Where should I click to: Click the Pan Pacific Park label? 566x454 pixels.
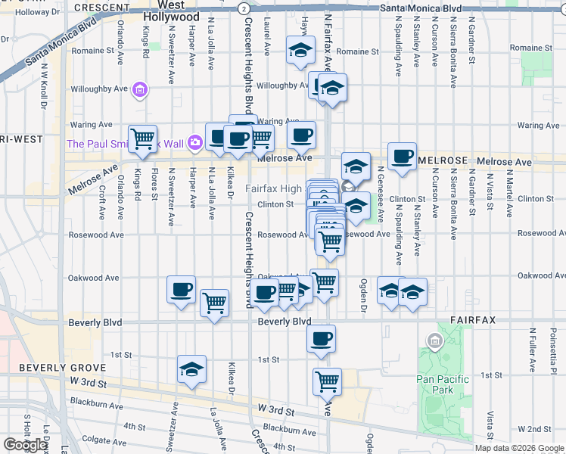click(x=443, y=384)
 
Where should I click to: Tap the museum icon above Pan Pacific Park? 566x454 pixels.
click(x=434, y=341)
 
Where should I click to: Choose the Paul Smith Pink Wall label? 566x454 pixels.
click(x=125, y=143)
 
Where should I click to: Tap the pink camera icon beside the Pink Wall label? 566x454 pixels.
click(x=195, y=142)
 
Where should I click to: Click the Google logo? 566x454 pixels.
click(x=26, y=444)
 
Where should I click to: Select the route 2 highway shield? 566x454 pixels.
click(x=242, y=8)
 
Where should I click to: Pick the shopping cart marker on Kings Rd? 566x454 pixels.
click(x=142, y=138)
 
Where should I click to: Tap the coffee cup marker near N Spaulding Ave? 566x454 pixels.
click(x=402, y=157)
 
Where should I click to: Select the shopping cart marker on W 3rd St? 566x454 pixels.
click(x=327, y=381)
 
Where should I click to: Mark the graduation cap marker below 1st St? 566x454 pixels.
click(x=192, y=370)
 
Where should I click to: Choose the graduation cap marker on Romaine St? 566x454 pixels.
click(x=300, y=52)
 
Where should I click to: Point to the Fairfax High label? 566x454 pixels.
click(x=273, y=188)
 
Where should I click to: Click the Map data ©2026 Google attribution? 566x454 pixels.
click(x=520, y=448)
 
